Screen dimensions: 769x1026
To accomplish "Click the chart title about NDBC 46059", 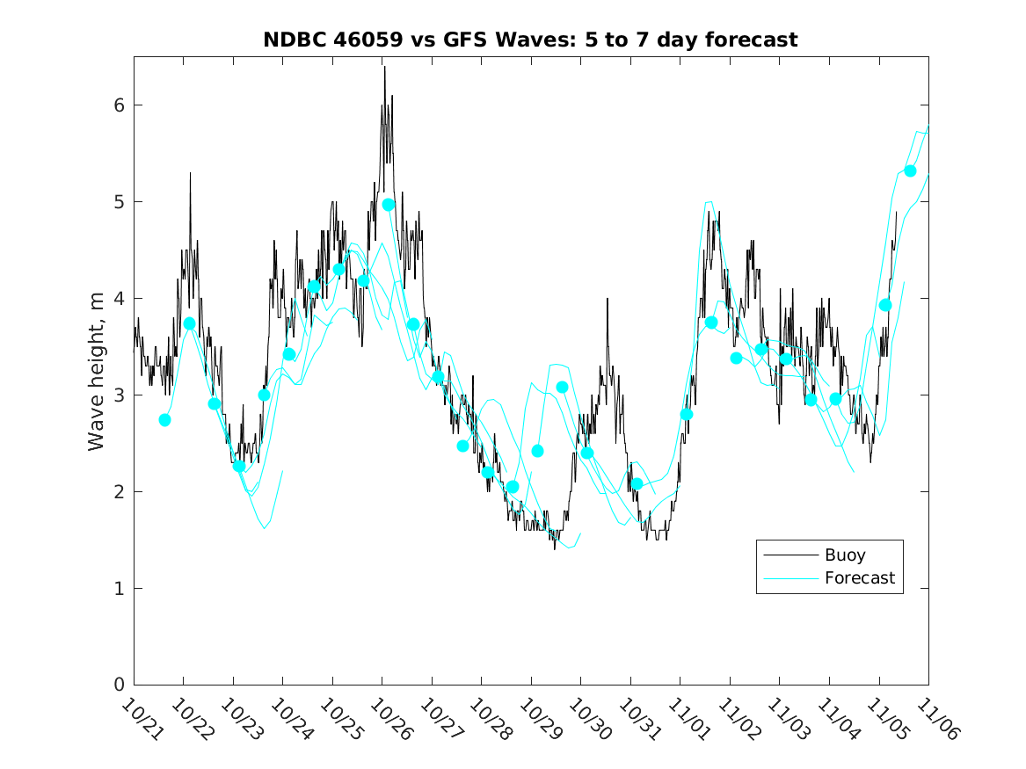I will coord(530,40).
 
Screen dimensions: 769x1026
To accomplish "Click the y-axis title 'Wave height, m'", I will coord(97,372).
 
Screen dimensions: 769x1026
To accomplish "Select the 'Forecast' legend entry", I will coord(859,577).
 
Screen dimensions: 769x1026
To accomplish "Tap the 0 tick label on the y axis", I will coord(119,685).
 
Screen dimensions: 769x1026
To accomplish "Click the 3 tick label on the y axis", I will coord(119,395).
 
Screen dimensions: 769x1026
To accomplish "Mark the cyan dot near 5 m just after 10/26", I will coord(389,204).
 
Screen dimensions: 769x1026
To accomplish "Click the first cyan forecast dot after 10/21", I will coord(164,420).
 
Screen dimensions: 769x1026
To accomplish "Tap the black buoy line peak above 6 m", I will coord(384,68).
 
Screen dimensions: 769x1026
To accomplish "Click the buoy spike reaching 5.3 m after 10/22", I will coord(190,173).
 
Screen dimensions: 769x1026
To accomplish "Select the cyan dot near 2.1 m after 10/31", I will coord(637,484).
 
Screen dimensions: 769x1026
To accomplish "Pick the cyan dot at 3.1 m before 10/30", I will coord(562,387).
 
